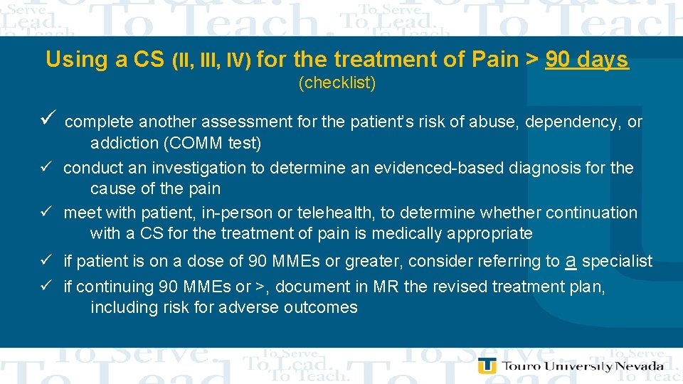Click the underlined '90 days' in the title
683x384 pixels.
coord(587,60)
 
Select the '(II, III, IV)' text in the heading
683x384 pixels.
coord(211,61)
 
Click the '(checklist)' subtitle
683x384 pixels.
coord(337,83)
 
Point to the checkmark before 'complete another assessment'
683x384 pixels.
coord(48,120)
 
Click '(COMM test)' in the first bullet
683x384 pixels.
coord(212,144)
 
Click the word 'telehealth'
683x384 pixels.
coord(336,213)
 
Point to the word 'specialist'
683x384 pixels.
coord(617,262)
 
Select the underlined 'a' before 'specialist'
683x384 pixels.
coord(570,261)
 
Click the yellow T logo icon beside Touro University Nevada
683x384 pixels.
coord(487,366)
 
